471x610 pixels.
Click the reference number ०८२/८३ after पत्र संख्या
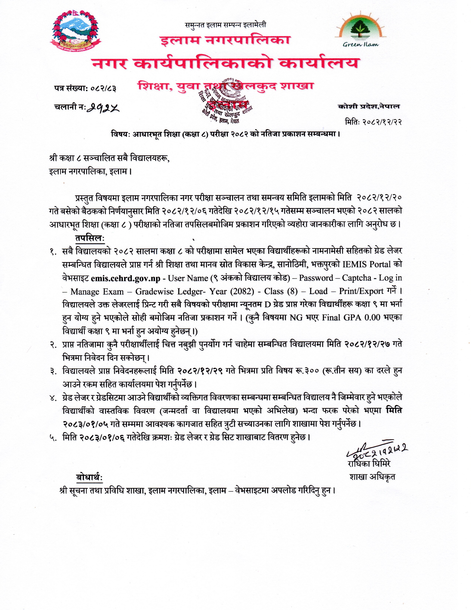click(x=103, y=89)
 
